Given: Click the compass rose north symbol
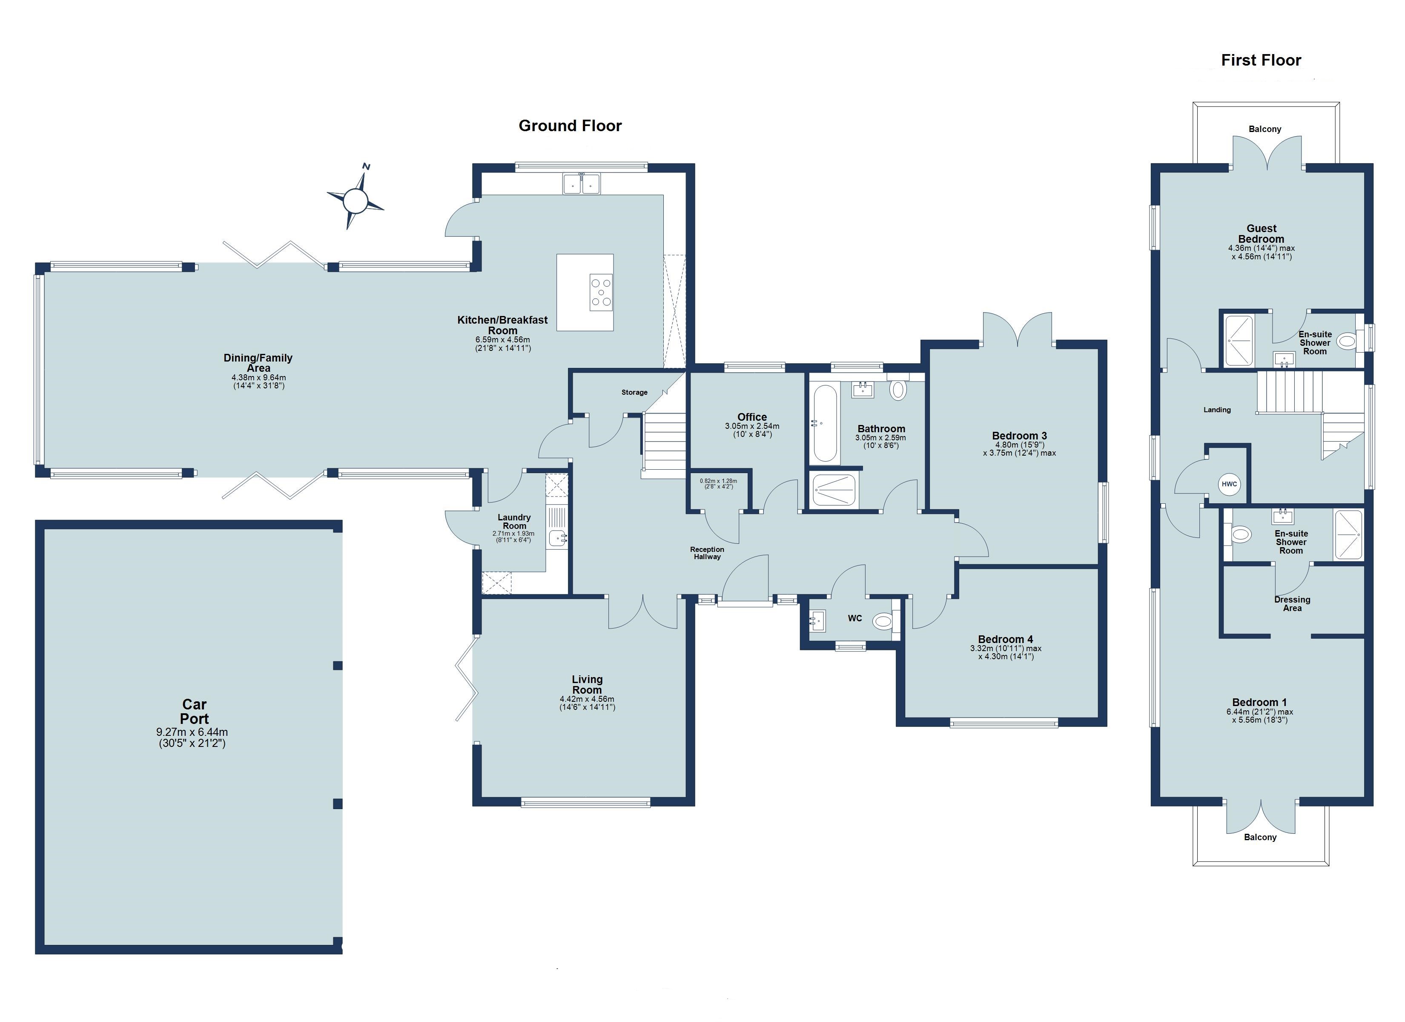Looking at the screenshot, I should click(356, 200).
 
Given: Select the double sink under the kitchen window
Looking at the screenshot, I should click(582, 184).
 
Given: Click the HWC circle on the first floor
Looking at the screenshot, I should click(1229, 484).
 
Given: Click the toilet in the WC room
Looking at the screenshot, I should click(882, 620).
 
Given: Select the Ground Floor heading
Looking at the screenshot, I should click(570, 126).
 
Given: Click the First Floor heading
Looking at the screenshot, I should click(1261, 60).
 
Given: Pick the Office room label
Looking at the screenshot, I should click(752, 417).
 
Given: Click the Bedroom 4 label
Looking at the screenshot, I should click(1006, 639).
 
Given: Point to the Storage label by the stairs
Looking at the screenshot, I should click(634, 392).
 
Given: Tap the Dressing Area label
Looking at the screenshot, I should click(1292, 604).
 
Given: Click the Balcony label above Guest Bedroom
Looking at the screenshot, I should click(1264, 129).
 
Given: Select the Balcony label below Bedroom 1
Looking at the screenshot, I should click(1260, 837).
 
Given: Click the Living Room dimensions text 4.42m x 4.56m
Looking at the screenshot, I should click(587, 699).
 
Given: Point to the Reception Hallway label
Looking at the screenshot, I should click(707, 553).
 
